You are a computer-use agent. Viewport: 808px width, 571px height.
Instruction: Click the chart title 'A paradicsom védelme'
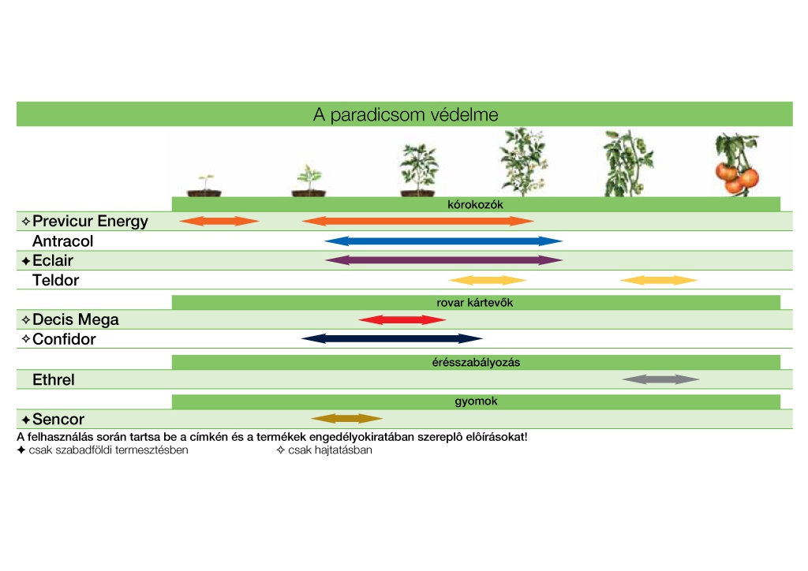point(406,114)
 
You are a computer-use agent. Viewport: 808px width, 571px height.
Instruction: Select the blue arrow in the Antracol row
point(443,241)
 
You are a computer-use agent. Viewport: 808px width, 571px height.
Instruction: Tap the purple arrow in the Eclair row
point(443,260)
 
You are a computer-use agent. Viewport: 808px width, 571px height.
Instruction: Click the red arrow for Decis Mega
point(402,319)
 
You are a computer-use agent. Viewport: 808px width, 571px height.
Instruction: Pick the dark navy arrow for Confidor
point(392,339)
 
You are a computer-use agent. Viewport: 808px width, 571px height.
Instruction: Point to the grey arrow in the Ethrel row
point(660,379)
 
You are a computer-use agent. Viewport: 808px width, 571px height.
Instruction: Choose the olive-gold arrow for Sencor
point(347,419)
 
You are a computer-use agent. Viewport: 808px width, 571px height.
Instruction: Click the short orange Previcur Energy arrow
point(219,222)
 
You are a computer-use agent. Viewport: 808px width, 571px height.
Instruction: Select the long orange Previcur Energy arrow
point(417,222)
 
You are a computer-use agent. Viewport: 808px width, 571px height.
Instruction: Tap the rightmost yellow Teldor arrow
point(659,280)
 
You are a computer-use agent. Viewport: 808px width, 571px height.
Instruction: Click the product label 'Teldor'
point(56,280)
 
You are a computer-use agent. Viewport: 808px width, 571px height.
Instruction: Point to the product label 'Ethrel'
point(54,379)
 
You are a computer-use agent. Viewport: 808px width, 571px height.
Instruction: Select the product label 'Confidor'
point(64,339)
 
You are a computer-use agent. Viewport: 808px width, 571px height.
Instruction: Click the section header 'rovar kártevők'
point(474,303)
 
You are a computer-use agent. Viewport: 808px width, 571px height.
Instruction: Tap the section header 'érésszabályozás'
point(476,363)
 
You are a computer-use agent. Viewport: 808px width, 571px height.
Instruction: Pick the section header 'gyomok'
point(476,401)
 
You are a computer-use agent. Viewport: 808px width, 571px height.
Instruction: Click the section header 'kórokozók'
point(475,204)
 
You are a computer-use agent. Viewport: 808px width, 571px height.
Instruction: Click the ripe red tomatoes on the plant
point(737,177)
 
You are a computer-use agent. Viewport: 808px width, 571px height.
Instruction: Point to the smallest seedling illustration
point(204,185)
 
